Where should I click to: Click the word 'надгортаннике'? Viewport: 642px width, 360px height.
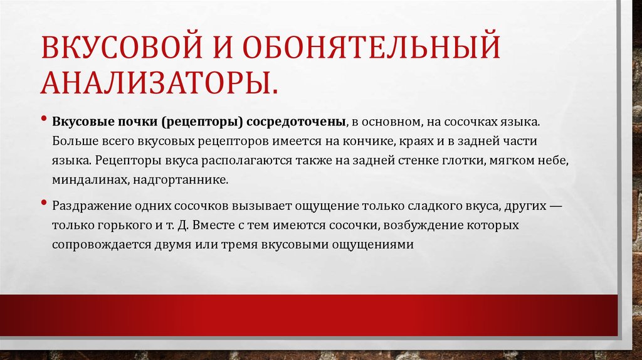click(181, 180)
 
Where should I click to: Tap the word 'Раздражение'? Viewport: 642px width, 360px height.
click(92, 205)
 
